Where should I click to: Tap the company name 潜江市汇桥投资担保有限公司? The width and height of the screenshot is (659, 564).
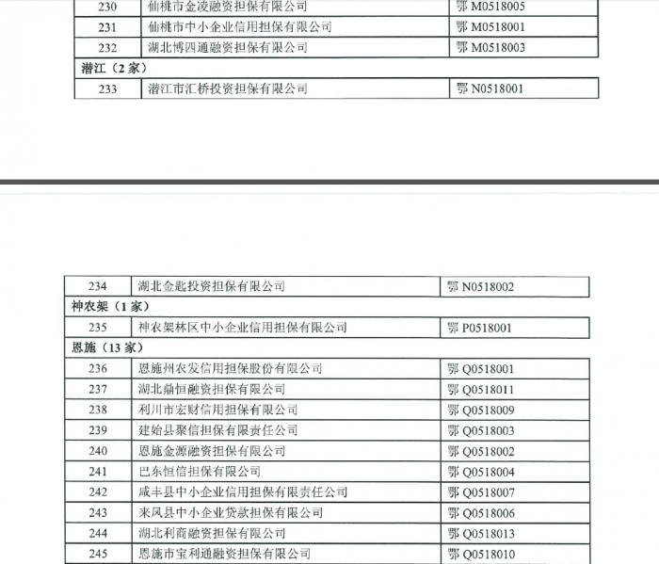[x=228, y=89]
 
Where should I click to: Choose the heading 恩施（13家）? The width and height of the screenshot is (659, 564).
[x=98, y=348]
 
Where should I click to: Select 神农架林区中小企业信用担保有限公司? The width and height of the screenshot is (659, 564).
[x=242, y=328]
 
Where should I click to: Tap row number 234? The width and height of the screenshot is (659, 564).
[x=98, y=286]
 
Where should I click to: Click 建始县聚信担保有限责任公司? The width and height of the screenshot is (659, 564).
[x=217, y=430]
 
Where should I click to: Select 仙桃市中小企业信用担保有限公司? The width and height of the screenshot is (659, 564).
[x=240, y=26]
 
